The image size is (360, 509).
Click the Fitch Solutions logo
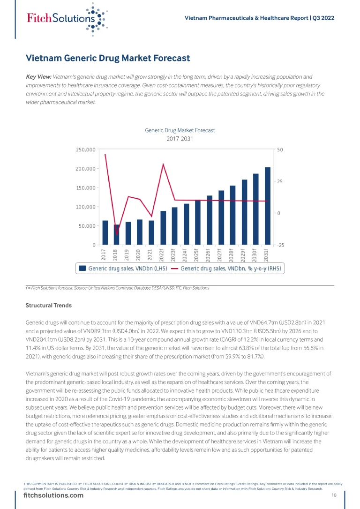[66, 19]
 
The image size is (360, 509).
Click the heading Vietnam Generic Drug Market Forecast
[108, 59]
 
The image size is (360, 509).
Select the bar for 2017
[105, 232]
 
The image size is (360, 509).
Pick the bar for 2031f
[267, 206]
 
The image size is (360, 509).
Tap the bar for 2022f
[163, 228]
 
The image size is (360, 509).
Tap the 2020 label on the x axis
[138, 254]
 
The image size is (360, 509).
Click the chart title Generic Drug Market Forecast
[180, 130]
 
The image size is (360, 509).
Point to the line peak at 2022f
[163, 164]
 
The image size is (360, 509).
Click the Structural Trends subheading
[49, 306]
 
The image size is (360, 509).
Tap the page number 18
[334, 495]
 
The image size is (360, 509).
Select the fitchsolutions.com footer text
[53, 495]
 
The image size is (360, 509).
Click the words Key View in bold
[38, 76]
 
